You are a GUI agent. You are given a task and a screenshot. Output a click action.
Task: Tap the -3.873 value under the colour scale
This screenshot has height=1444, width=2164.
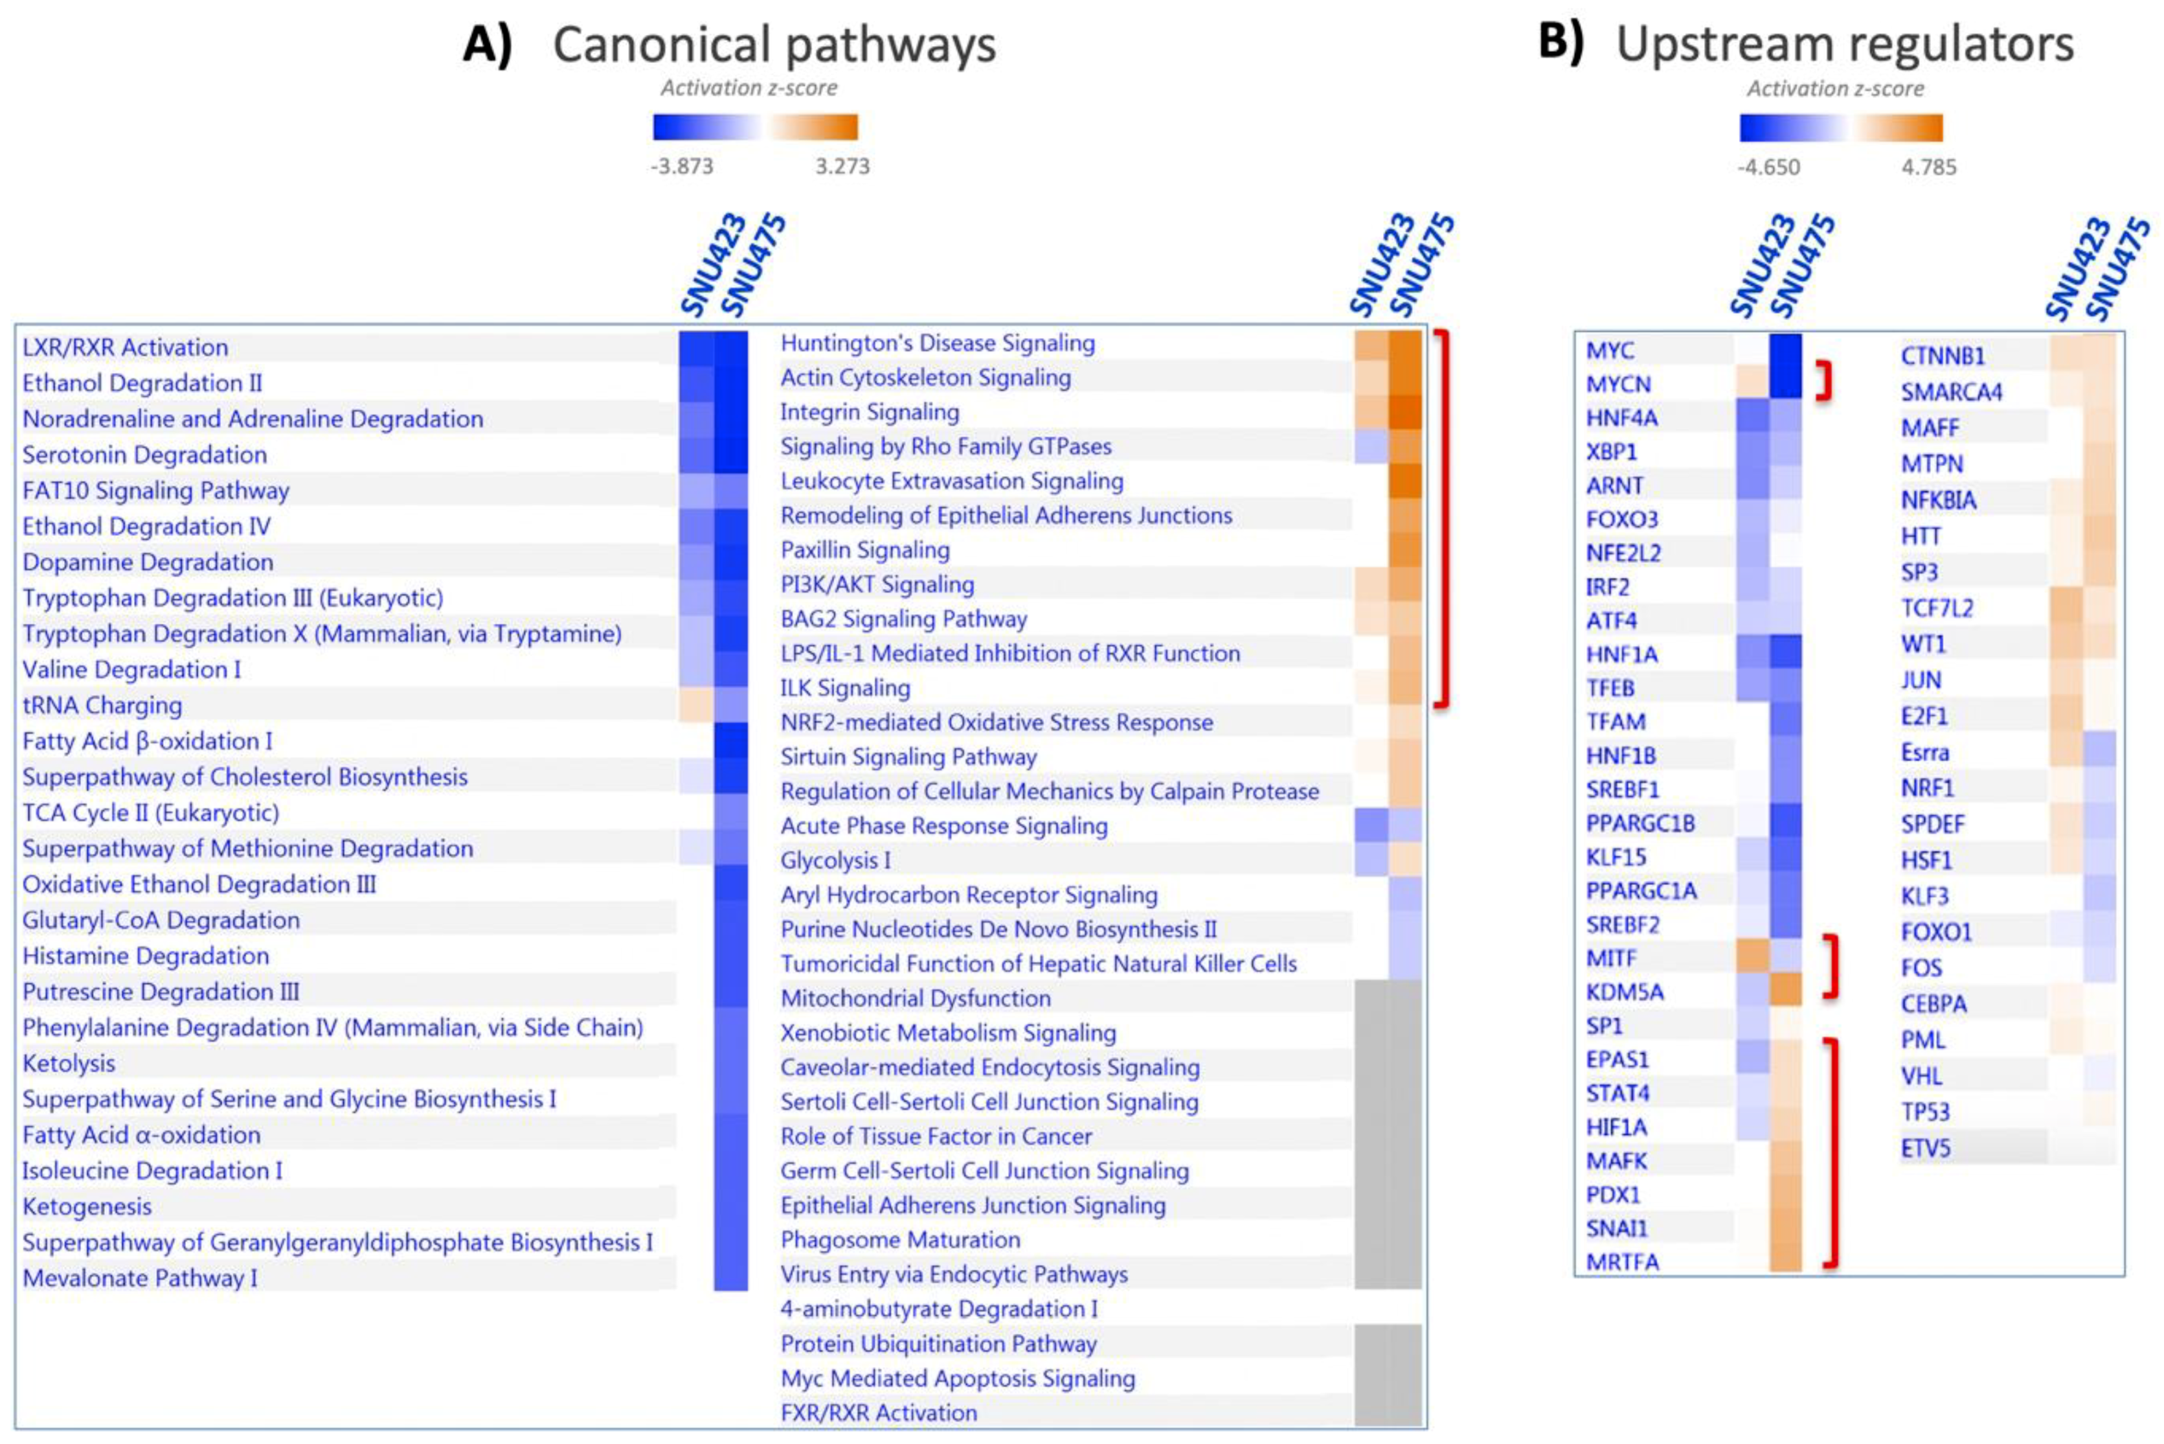point(681,166)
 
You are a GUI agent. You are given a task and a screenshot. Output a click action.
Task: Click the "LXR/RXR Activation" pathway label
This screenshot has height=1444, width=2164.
point(125,348)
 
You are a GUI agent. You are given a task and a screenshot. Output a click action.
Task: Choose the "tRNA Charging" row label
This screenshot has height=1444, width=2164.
point(102,705)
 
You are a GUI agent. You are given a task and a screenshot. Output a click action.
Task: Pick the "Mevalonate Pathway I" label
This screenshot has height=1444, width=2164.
point(140,1278)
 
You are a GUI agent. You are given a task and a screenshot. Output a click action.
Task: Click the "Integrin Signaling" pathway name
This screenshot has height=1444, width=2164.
point(870,411)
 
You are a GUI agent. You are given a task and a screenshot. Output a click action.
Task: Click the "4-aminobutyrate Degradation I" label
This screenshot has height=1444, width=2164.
point(939,1309)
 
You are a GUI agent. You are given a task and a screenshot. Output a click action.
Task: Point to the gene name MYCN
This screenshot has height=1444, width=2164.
point(1618,384)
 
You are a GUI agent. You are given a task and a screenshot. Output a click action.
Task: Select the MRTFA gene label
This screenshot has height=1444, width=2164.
point(1622,1262)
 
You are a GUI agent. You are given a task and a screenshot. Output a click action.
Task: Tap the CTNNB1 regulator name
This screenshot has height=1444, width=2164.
point(1942,356)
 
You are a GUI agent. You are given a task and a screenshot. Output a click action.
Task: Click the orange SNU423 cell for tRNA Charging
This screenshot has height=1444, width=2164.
point(696,705)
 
